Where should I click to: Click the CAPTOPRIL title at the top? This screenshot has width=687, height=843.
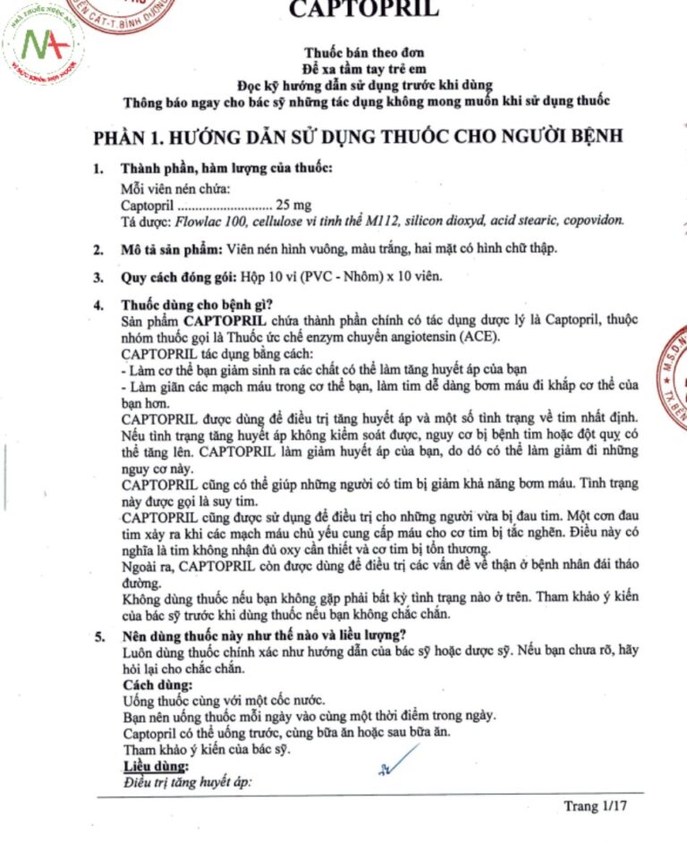click(364, 11)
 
